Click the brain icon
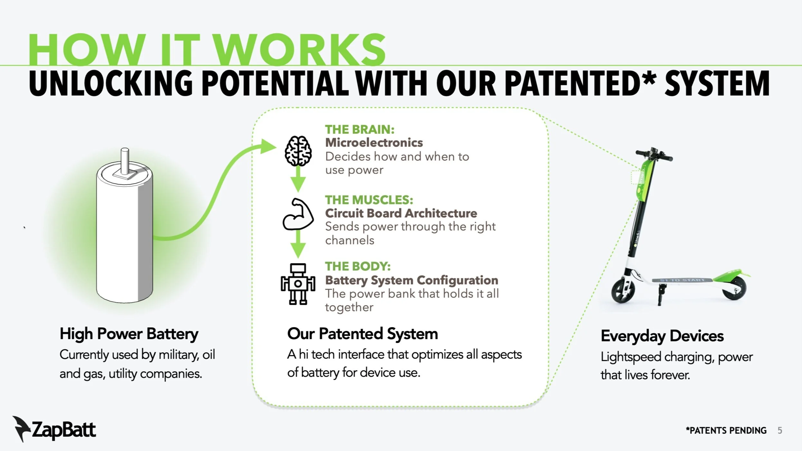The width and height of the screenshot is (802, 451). pos(298,151)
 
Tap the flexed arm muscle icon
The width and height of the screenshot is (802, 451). pos(298,214)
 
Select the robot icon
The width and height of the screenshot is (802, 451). pos(298,284)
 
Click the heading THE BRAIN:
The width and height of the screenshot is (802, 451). pos(359,129)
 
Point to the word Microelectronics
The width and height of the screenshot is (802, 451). pos(374,143)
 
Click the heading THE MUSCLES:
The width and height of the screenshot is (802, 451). pos(369,200)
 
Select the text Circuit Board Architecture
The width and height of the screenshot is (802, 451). pos(401,213)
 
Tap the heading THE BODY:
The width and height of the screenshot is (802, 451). pos(358,266)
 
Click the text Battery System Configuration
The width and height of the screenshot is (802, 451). pos(412,280)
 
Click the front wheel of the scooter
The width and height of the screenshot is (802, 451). pos(623,291)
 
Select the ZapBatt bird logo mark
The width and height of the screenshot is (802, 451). pos(21,428)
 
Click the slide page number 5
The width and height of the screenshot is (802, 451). pos(780,430)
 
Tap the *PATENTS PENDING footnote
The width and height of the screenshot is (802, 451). pos(726,430)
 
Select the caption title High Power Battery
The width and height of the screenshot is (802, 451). pos(129,334)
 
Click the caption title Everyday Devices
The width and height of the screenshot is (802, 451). pos(662,336)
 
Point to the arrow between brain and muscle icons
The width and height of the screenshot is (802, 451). pos(298,180)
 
